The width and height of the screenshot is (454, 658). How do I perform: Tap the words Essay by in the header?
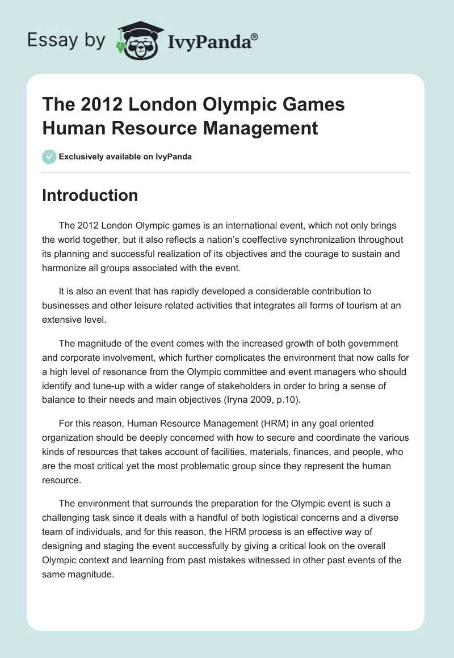66,41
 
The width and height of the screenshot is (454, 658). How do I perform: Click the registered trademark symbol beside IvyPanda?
255,36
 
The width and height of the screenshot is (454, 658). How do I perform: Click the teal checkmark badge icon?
49,157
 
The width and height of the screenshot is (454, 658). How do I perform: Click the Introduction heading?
90,195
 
